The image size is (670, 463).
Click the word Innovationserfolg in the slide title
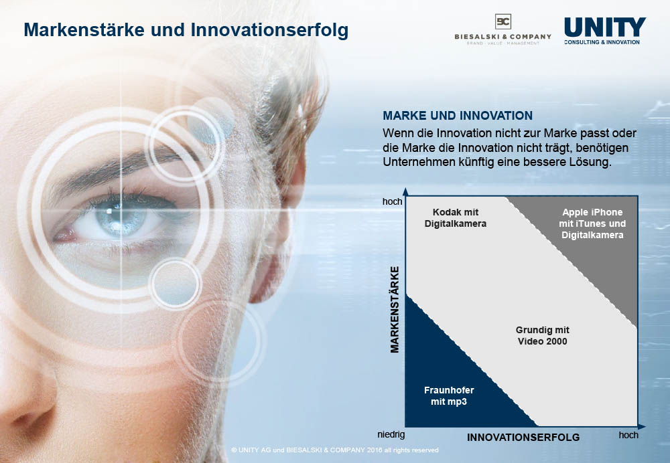[269, 30]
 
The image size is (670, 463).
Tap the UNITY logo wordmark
[605, 27]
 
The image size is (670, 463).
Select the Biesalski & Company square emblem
[503, 21]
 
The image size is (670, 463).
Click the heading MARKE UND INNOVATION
[458, 116]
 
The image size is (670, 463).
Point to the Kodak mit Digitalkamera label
[456, 218]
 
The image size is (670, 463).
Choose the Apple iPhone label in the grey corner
[592, 223]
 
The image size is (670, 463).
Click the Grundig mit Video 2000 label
[542, 335]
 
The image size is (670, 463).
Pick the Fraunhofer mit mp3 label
[449, 395]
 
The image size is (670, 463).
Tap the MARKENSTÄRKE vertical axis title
[395, 310]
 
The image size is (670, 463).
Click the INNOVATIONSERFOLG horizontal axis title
[523, 438]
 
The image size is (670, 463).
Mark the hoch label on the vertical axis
[392, 201]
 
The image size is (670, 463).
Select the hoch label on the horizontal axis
[628, 435]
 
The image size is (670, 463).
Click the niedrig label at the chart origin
[391, 434]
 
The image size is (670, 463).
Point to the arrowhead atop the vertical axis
[405, 191]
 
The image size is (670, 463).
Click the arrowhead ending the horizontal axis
[642, 426]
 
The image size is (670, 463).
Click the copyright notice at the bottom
[334, 450]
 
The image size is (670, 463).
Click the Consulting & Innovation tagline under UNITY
[602, 42]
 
